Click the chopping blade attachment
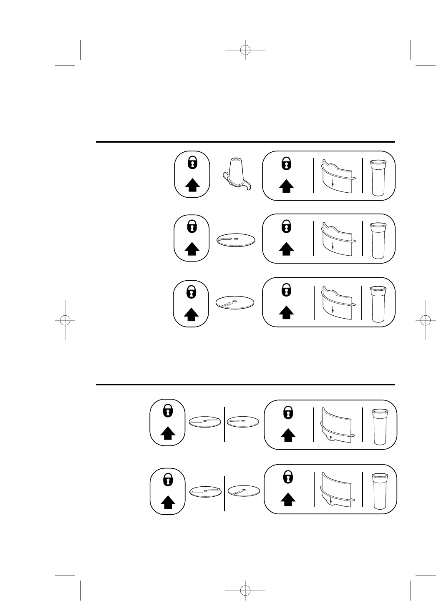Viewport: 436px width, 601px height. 237,175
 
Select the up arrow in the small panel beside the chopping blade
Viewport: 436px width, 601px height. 192,184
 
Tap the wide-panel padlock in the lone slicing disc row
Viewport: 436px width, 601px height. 286,226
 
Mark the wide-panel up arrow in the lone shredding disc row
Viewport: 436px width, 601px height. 286,312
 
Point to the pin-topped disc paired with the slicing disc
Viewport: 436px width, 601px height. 204,422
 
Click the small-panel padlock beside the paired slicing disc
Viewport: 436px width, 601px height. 167,412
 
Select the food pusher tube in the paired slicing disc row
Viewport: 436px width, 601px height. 381,427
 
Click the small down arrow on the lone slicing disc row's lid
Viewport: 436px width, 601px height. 333,246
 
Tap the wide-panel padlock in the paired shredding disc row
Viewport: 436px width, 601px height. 287,477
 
